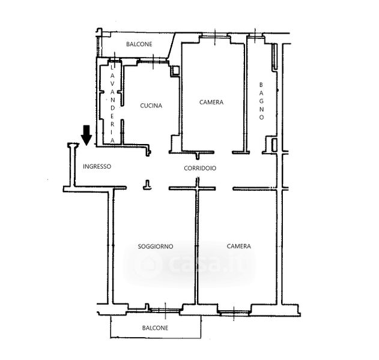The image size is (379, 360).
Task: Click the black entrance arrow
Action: pos(86,135)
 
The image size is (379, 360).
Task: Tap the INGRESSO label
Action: pos(97,166)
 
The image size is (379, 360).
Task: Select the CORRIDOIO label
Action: pos(200,168)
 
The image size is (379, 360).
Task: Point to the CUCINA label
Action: pos(151,106)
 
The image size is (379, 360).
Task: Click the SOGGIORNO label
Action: pos(156,246)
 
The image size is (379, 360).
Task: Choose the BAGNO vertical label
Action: pos(261,101)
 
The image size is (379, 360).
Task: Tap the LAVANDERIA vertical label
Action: pos(112,104)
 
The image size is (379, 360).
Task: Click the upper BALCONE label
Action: pos(139,44)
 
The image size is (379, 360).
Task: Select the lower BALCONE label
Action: pos(155,328)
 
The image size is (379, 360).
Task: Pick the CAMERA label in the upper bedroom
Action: pos(211,102)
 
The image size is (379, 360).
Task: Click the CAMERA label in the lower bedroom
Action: pos(239,246)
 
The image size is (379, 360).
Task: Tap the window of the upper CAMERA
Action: pos(214,36)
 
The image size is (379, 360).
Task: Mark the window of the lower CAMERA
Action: pos(234,313)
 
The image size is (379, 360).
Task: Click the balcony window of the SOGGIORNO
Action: pos(165,310)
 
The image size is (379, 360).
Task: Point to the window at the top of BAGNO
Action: pos(255,35)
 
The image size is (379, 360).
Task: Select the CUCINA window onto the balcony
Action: pos(153,61)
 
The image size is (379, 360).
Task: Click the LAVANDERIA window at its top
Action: pos(115,59)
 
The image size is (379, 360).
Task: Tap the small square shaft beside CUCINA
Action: pos(175,71)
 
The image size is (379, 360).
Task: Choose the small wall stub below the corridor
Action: pos(147,185)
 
